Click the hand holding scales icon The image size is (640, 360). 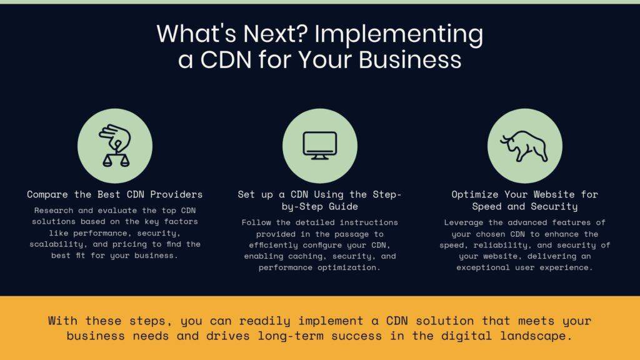point(114,145)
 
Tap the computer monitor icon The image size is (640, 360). point(319,145)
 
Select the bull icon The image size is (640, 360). point(524,145)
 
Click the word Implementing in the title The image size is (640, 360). point(398,34)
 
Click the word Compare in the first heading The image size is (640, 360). point(48,194)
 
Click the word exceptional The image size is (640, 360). point(483,267)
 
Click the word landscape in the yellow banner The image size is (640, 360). point(542,336)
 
